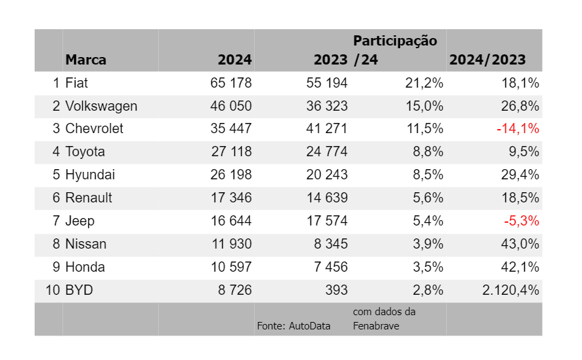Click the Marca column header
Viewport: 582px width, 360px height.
click(x=86, y=60)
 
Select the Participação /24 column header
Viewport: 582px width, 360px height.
click(x=395, y=50)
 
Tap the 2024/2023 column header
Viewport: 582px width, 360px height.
click(x=488, y=60)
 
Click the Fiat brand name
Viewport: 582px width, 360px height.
click(x=77, y=83)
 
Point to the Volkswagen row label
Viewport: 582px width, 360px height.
click(x=101, y=106)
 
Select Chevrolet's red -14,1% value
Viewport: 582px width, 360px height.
click(x=517, y=129)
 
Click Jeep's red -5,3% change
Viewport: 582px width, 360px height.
click(x=522, y=221)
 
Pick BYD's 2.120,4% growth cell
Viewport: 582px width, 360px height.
click(x=511, y=290)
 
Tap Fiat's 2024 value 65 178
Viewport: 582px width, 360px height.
click(x=231, y=83)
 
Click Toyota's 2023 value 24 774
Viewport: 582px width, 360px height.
click(x=327, y=151)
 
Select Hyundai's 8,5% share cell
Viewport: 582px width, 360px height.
click(x=428, y=175)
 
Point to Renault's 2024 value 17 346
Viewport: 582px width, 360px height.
click(x=232, y=198)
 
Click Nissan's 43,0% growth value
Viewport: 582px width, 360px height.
click(x=520, y=244)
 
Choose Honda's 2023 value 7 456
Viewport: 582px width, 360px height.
click(x=331, y=267)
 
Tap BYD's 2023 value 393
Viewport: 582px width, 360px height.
click(x=337, y=290)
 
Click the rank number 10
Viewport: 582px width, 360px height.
click(x=53, y=290)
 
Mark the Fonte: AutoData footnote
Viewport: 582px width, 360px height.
click(x=293, y=326)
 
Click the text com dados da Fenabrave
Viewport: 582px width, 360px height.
click(x=384, y=319)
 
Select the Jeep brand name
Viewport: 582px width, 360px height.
click(x=80, y=221)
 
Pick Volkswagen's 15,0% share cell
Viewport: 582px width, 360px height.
click(x=424, y=106)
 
